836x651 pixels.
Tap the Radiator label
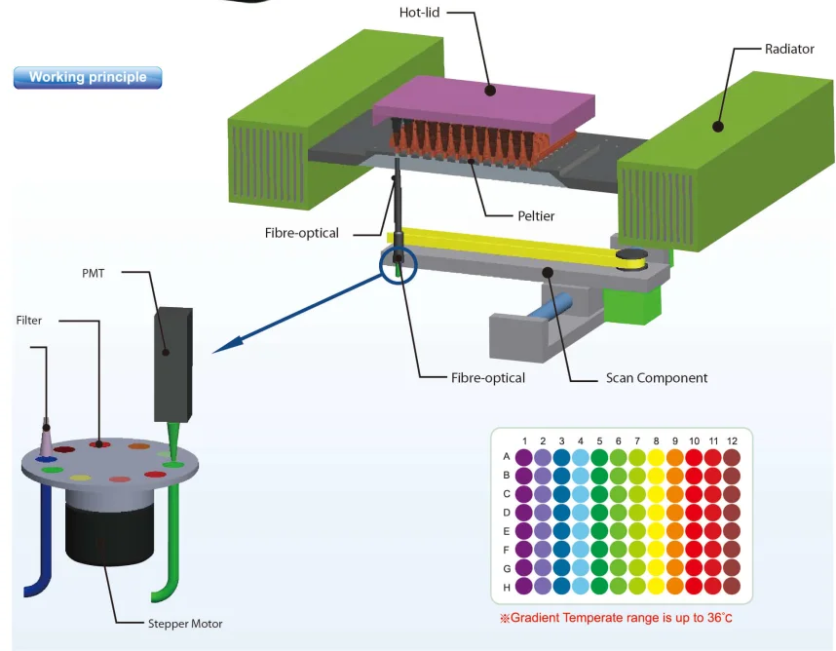pyautogui.click(x=789, y=49)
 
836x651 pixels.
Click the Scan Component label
pyautogui.click(x=656, y=378)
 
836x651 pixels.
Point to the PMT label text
pyautogui.click(x=93, y=274)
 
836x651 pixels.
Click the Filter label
pyautogui.click(x=29, y=321)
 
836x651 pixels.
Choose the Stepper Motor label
pyautogui.click(x=185, y=624)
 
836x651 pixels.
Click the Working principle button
pyautogui.click(x=88, y=77)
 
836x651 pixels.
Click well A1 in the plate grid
pyautogui.click(x=524, y=456)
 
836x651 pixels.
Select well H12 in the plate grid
pyautogui.click(x=732, y=587)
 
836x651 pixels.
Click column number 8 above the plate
pyautogui.click(x=656, y=441)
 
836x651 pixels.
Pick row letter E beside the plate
pyautogui.click(x=507, y=531)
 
